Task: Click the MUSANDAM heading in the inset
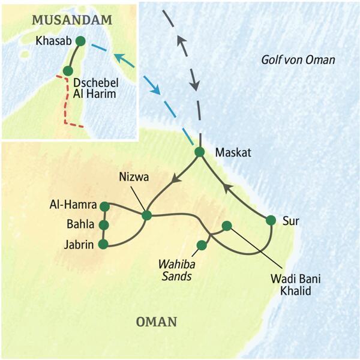71,21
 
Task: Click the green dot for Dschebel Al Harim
68,71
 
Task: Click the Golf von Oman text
298,60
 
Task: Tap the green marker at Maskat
199,152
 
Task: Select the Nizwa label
133,177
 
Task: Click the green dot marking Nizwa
146,215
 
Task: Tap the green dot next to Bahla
104,225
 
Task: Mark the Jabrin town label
79,244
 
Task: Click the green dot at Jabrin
104,244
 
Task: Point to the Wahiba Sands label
174,270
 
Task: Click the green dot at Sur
271,220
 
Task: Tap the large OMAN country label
157,322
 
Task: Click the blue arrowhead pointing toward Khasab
119,59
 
